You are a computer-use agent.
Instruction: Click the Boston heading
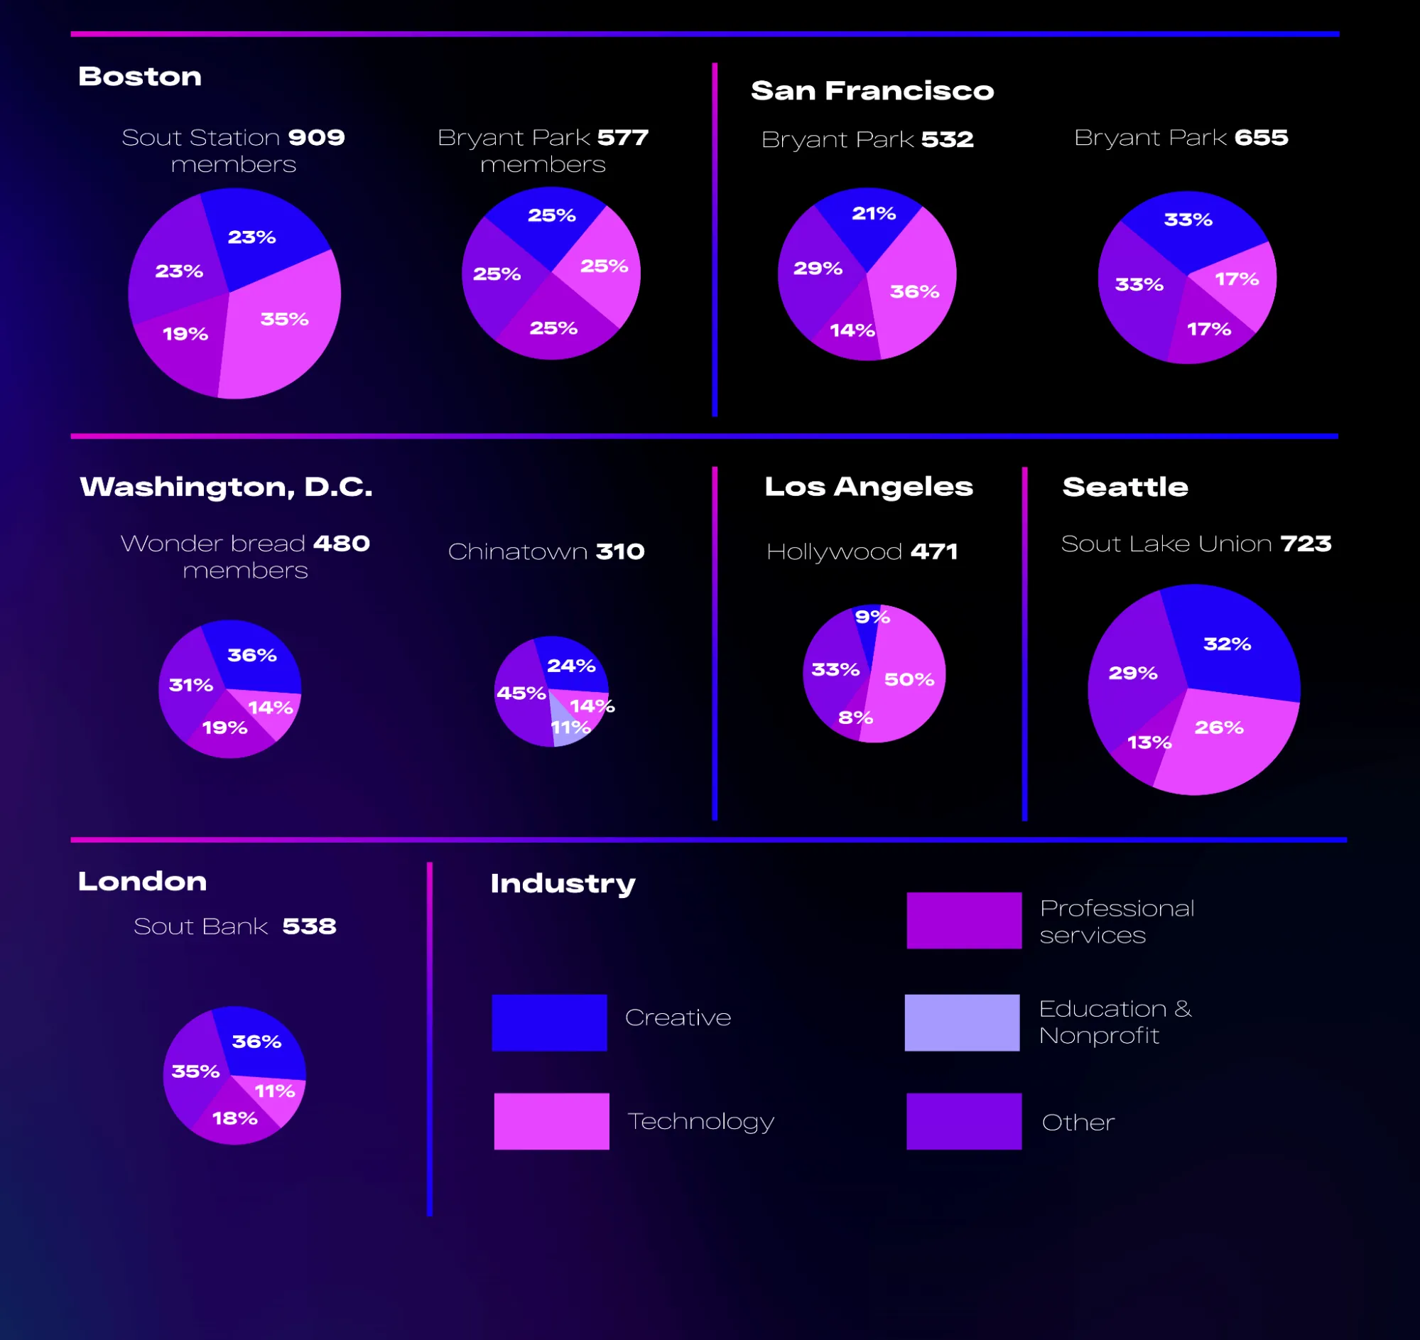pos(140,77)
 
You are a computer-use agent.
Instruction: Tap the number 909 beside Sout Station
pos(315,137)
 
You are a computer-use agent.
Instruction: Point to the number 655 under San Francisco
pos(1261,137)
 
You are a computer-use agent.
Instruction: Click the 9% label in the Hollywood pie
pos(872,617)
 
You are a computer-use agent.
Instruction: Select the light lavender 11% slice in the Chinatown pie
pos(568,730)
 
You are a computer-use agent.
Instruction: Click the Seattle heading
pos(1125,487)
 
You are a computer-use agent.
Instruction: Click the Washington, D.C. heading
pos(226,487)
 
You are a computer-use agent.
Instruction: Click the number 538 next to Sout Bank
pos(308,926)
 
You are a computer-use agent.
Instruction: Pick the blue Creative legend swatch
pos(549,1022)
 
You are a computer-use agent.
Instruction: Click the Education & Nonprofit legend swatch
pos(961,1022)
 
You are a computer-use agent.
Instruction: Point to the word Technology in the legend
pos(700,1121)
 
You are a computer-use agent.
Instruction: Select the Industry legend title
pos(562,884)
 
